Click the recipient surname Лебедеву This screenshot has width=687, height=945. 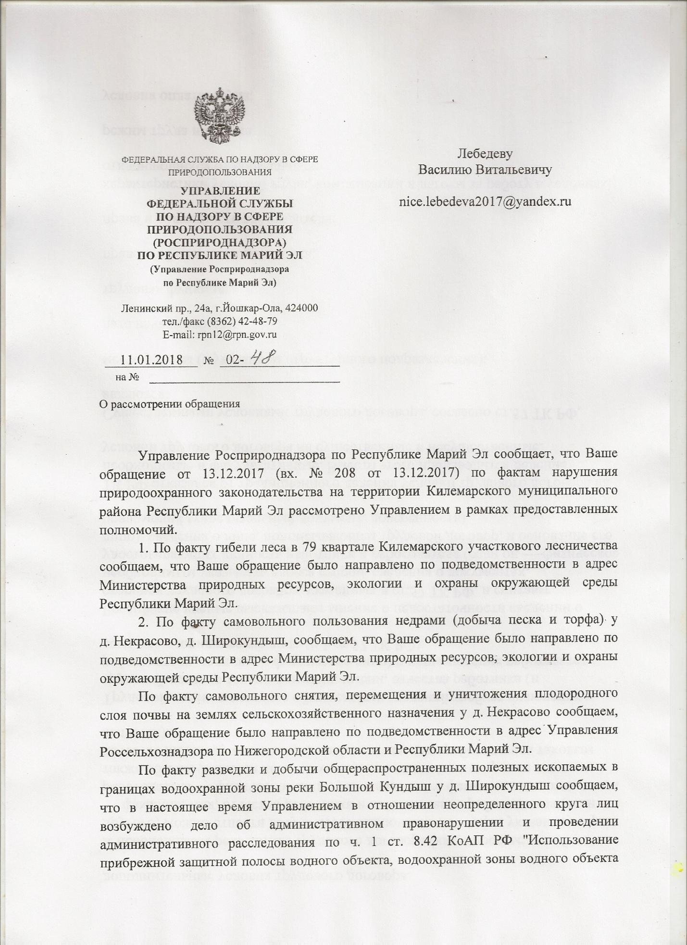click(485, 154)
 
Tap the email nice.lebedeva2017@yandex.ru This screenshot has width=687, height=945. click(485, 201)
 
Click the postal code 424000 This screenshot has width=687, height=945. click(302, 308)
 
